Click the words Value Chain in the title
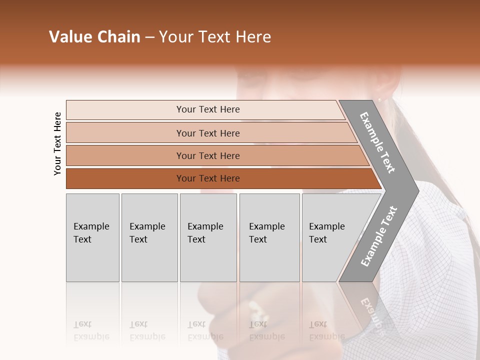pos(94,37)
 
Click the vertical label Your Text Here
pos(57,143)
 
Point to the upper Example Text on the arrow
pos(377,142)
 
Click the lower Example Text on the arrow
pos(379,236)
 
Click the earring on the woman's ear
pos(378,99)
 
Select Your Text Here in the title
pos(215,37)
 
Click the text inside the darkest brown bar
pos(208,178)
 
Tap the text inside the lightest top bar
pos(208,109)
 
